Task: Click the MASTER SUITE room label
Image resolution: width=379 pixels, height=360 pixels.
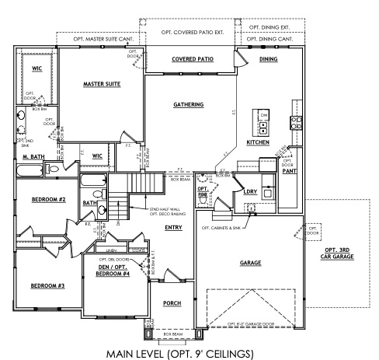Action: (102, 83)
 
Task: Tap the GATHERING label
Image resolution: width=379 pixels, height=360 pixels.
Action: (188, 104)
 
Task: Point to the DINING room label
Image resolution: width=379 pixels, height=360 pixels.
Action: (268, 58)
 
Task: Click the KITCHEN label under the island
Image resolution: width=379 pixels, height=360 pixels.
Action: (258, 143)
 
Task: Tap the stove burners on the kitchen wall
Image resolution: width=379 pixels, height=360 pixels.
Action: (295, 121)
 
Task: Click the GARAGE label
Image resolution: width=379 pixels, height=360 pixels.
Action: (250, 263)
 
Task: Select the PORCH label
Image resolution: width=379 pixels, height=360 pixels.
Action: (172, 303)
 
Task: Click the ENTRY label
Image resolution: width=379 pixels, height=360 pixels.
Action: (173, 227)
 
